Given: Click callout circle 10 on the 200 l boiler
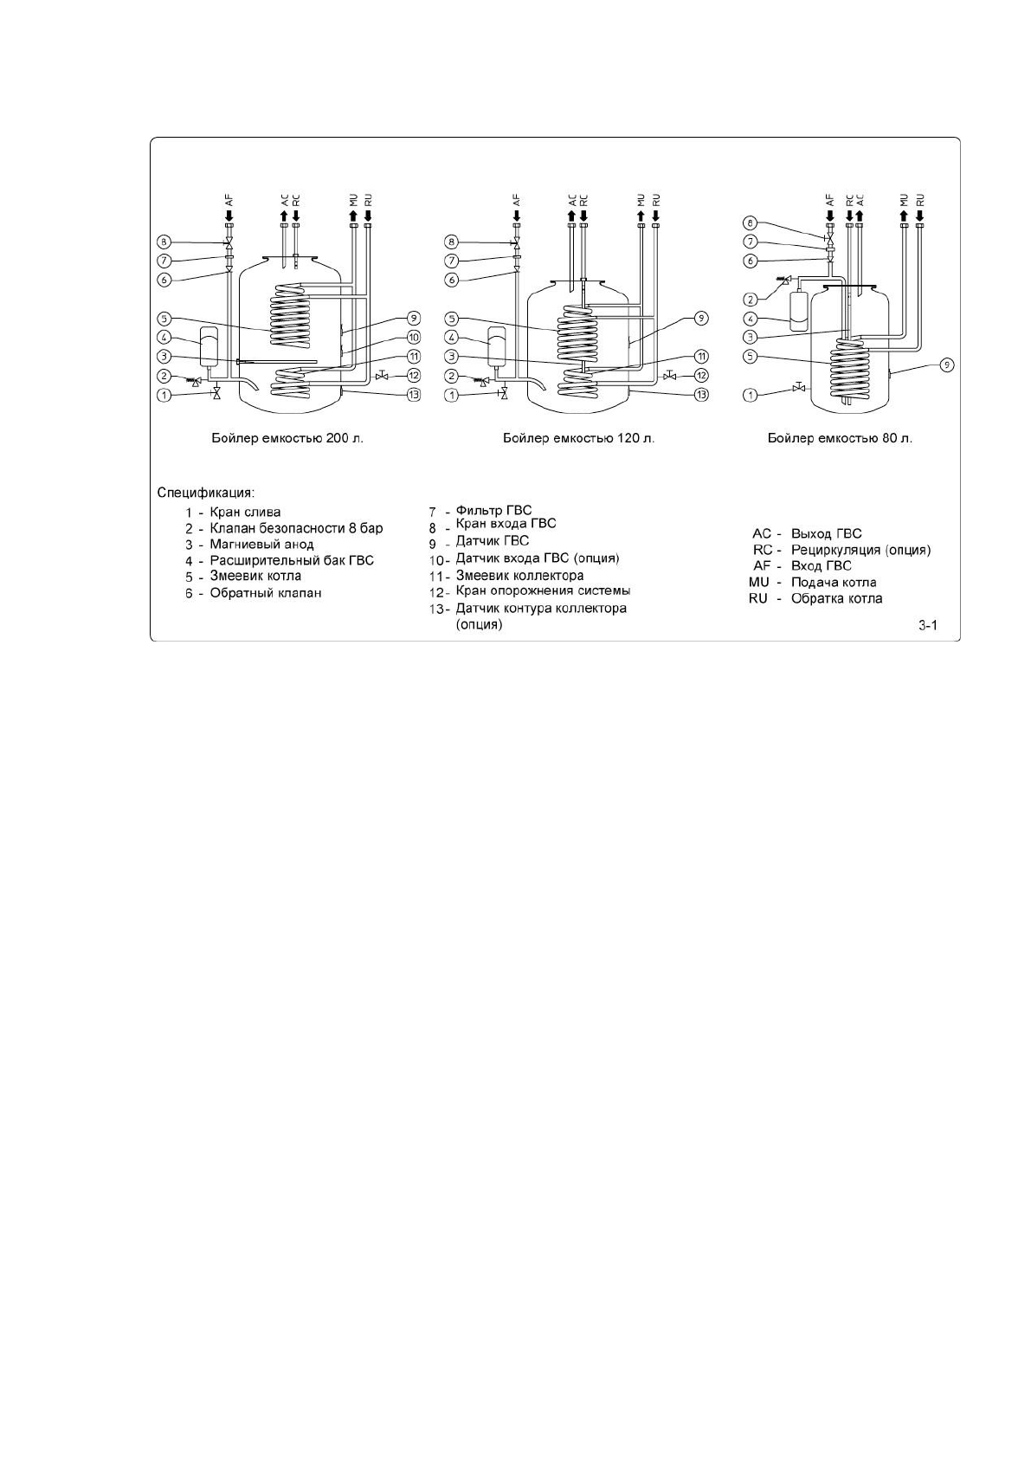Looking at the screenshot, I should (x=414, y=337).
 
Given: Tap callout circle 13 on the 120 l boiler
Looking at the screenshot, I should (x=701, y=395).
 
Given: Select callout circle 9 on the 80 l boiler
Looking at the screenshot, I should (x=946, y=365).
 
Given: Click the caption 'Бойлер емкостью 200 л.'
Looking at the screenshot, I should (x=288, y=438).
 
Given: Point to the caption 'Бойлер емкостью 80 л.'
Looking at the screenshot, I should (x=840, y=438).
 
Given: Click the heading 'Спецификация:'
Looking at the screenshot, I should (x=205, y=493).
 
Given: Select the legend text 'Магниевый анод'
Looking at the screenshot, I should (x=261, y=545).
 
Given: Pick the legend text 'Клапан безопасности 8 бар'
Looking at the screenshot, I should (x=296, y=528).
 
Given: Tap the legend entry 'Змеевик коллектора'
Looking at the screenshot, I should (x=519, y=575).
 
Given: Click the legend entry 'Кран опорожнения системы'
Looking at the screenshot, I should (x=543, y=590).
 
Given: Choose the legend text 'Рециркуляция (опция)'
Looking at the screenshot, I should (x=860, y=550).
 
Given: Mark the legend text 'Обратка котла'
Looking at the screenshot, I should (x=836, y=598).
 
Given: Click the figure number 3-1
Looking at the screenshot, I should (x=928, y=626).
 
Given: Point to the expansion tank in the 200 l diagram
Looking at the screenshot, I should (x=209, y=345).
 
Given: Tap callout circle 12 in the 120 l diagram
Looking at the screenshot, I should (x=701, y=376).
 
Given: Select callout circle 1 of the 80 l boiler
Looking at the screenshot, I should (x=751, y=395).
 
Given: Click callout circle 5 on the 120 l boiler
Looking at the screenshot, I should (x=451, y=318).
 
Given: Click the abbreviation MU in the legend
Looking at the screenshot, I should (x=758, y=583).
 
